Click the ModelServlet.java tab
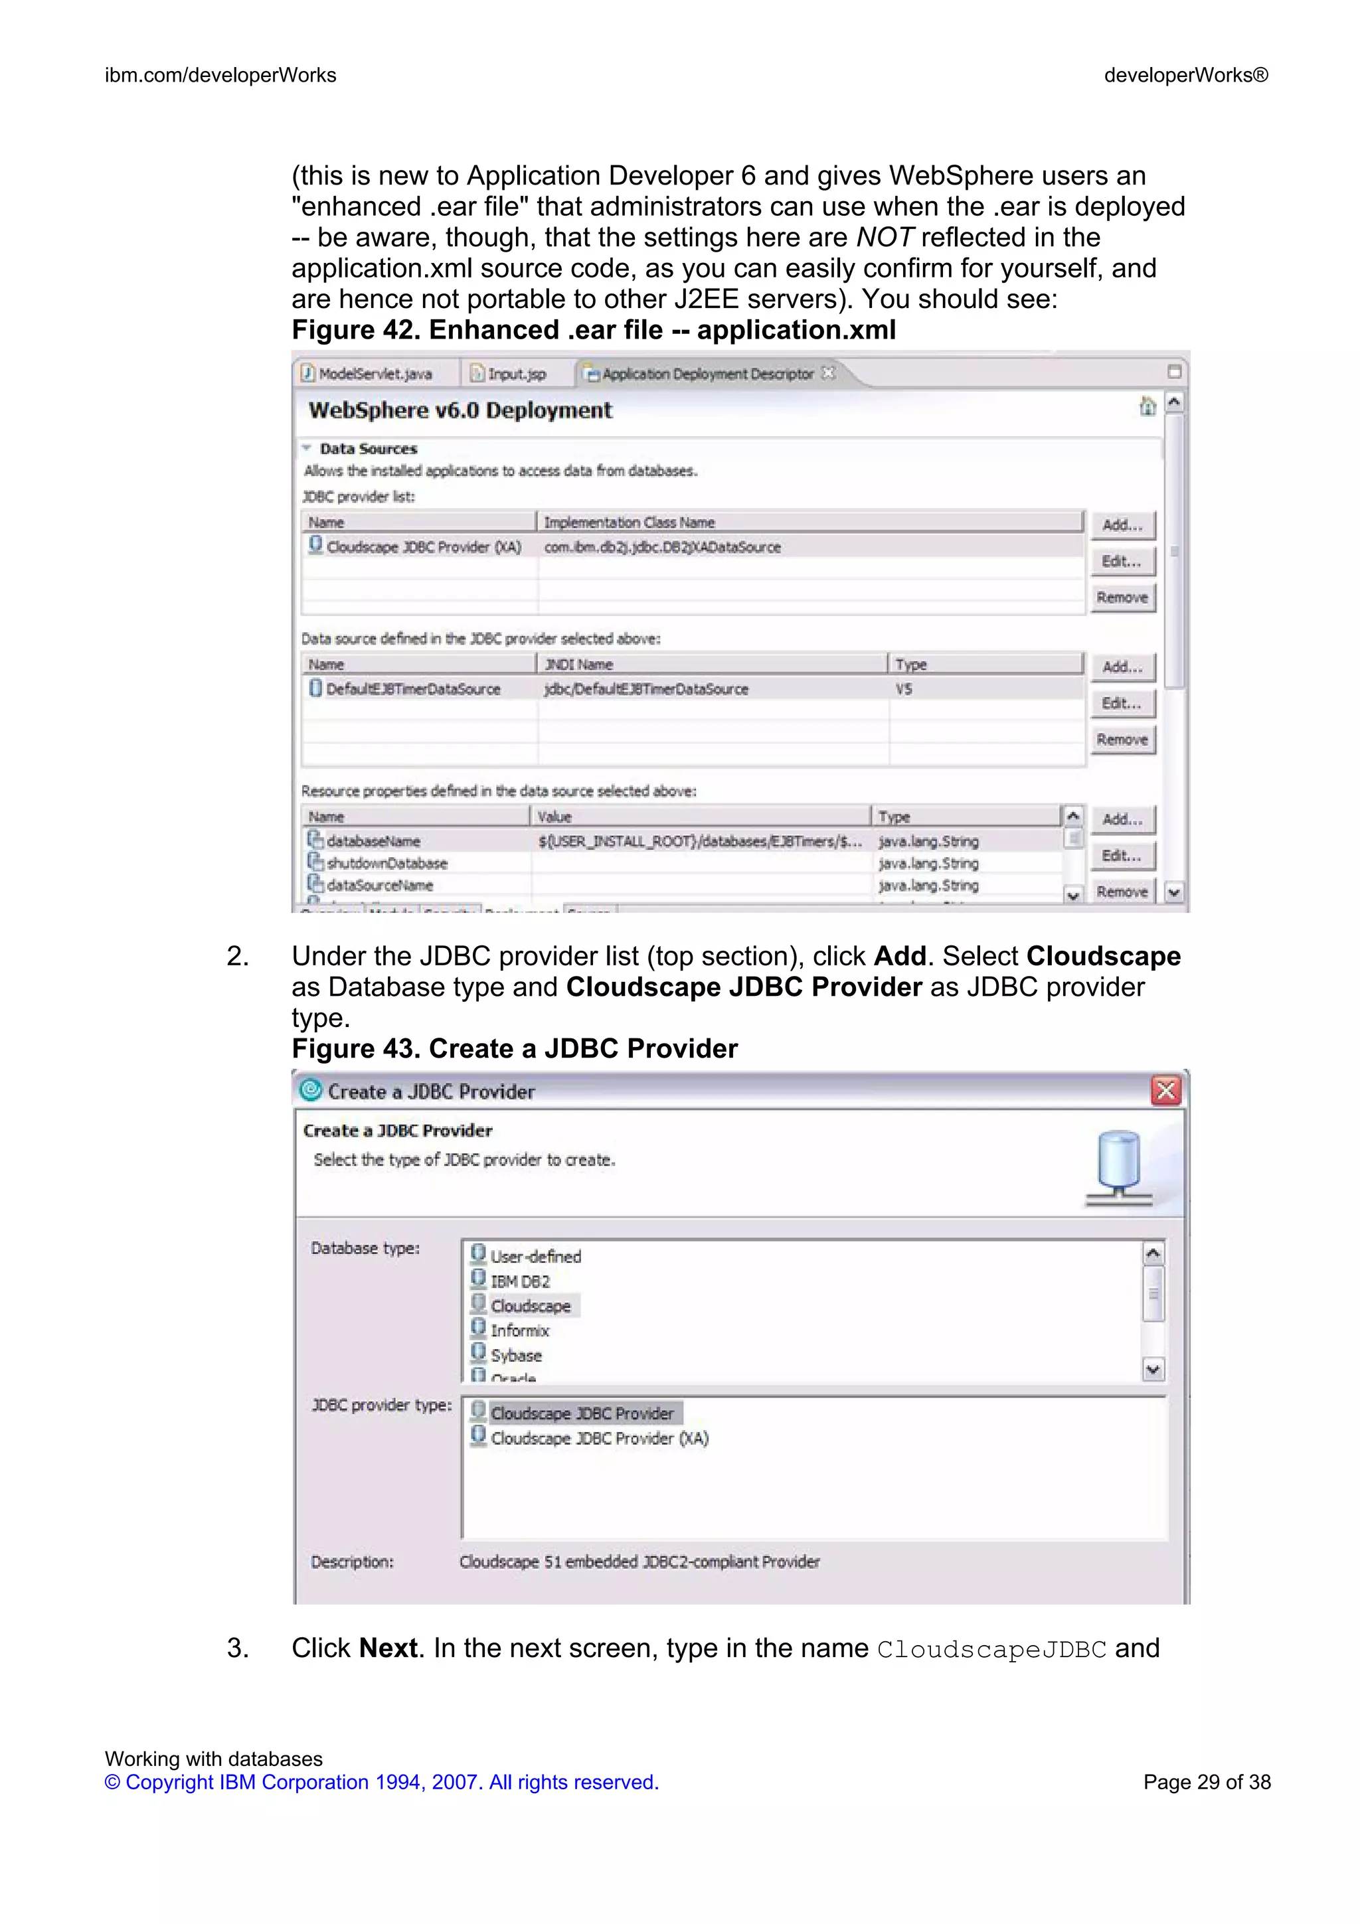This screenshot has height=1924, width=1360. [375, 374]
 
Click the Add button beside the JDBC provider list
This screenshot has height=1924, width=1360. [1122, 525]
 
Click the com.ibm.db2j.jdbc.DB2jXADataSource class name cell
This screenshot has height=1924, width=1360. [662, 547]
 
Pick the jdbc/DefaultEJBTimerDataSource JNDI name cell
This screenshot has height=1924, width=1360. [645, 689]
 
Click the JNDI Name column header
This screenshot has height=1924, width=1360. [578, 665]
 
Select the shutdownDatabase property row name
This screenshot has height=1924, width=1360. [386, 863]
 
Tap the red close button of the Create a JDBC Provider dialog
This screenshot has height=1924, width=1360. [1165, 1090]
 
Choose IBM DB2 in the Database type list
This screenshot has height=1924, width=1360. [519, 1281]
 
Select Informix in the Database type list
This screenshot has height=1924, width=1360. [519, 1330]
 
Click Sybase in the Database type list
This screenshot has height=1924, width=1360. [515, 1355]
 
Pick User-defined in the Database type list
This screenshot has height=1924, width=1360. [535, 1256]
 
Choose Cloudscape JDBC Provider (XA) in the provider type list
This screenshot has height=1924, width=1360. [599, 1438]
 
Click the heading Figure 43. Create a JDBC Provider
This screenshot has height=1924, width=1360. [515, 1048]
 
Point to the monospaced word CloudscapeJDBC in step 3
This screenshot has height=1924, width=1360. [991, 1649]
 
